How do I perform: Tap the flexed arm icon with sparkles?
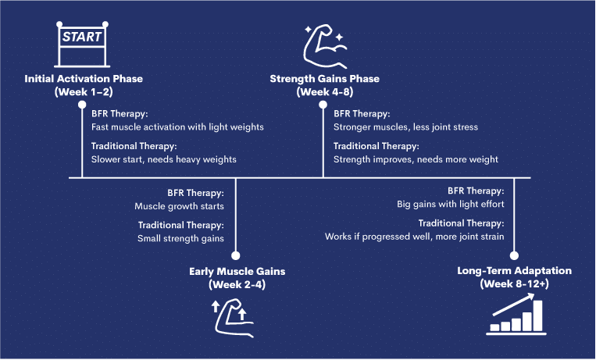(x=323, y=45)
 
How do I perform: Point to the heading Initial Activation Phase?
(x=84, y=79)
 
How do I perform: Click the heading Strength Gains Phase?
(x=324, y=79)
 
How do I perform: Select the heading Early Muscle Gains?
(x=237, y=271)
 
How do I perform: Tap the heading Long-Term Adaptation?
(x=514, y=271)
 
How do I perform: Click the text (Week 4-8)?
(x=324, y=92)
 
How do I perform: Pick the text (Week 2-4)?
(x=237, y=284)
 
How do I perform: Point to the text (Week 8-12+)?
(x=514, y=284)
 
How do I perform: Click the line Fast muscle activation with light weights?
(x=177, y=127)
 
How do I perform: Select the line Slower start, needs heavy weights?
(x=163, y=159)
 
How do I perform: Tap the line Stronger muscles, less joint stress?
(x=405, y=127)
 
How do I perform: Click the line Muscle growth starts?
(x=180, y=206)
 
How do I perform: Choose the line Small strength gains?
(x=181, y=239)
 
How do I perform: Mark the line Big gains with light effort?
(x=451, y=205)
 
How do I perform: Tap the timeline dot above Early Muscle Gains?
(x=237, y=255)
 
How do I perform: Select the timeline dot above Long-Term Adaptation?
(x=514, y=255)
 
